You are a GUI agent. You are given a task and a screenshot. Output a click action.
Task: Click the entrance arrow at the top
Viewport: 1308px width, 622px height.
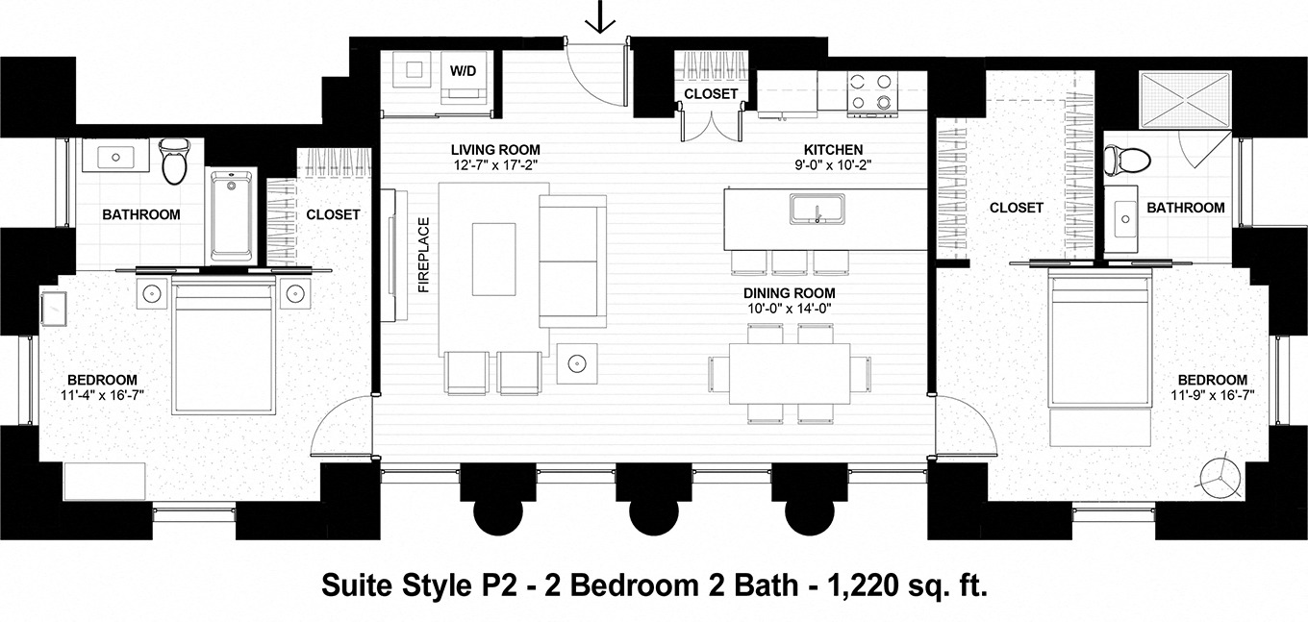tap(601, 16)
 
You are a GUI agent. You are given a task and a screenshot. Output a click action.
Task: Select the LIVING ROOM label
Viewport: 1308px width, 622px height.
tap(495, 150)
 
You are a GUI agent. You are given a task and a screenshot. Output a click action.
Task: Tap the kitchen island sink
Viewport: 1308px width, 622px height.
tap(817, 208)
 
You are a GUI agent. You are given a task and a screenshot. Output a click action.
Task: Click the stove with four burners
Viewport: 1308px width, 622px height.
tap(872, 93)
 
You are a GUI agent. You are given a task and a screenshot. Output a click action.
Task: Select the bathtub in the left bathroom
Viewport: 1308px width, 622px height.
tap(232, 216)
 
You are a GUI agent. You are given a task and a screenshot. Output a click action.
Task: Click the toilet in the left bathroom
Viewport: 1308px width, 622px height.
tap(174, 160)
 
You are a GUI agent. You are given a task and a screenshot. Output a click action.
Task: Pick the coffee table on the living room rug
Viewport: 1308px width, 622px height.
tap(493, 259)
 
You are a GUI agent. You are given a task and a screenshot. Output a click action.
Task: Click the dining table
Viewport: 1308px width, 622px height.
tap(789, 374)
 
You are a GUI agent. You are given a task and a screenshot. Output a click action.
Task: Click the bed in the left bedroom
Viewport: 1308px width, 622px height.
tap(223, 346)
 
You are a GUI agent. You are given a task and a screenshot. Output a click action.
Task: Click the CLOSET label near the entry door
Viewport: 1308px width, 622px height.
tap(711, 94)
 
